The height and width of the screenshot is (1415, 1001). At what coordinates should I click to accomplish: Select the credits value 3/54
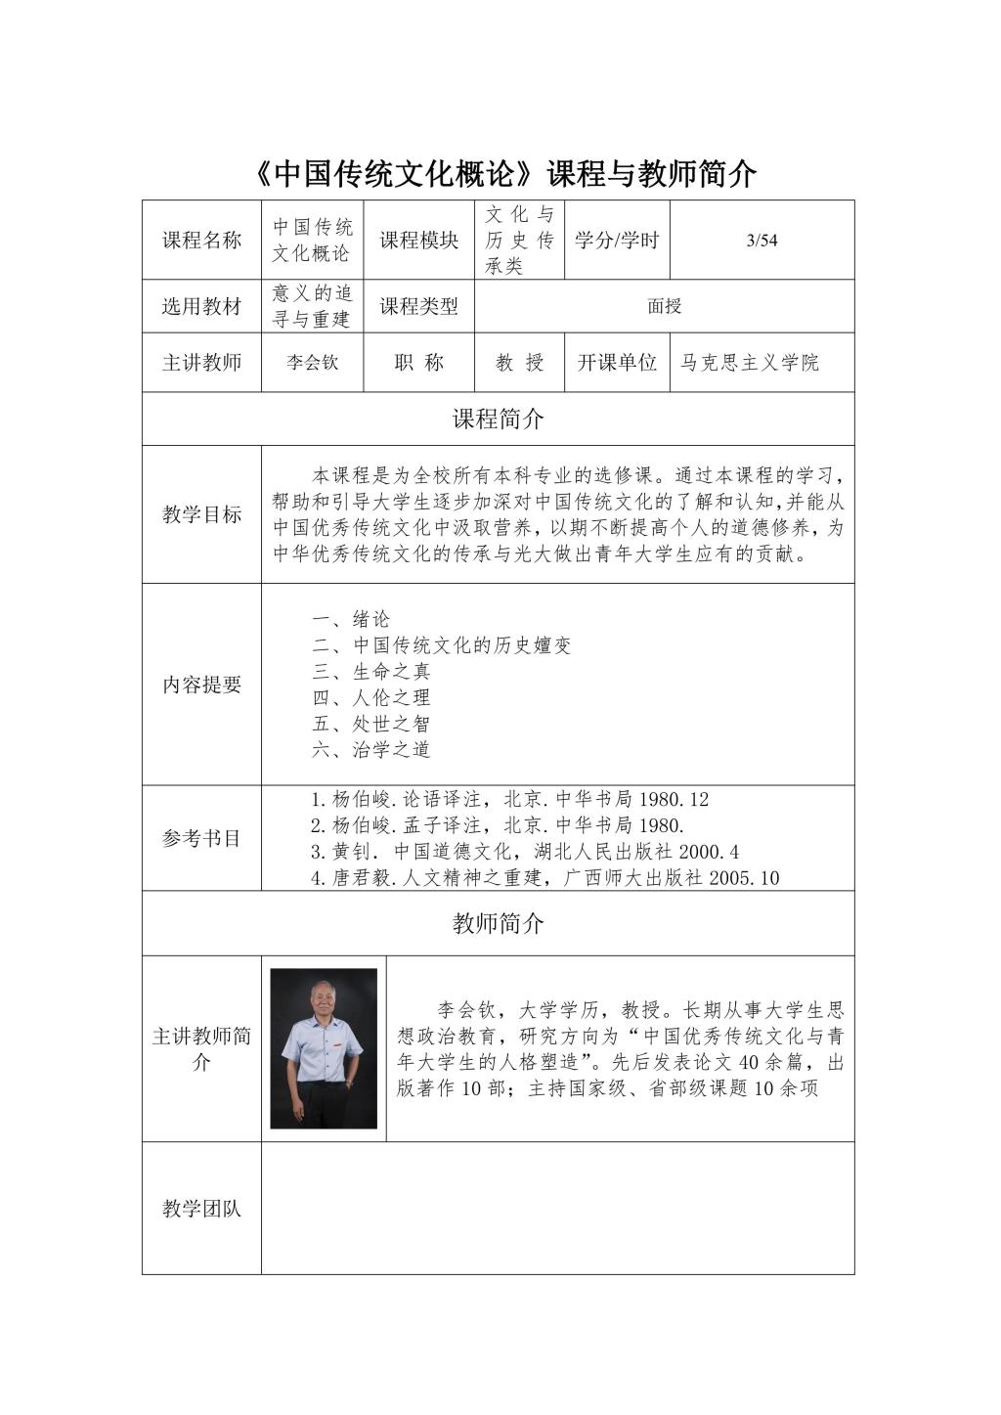(x=762, y=241)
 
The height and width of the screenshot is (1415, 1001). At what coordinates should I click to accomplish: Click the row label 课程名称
(x=201, y=241)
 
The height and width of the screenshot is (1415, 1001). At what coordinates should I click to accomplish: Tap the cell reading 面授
(x=664, y=306)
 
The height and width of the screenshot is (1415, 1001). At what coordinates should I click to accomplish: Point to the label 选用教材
(x=201, y=306)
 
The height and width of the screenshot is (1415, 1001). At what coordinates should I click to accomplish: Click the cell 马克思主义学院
(x=750, y=363)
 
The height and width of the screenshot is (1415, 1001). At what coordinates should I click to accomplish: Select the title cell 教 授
(x=519, y=363)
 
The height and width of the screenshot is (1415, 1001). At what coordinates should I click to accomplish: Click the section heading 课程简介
(x=499, y=420)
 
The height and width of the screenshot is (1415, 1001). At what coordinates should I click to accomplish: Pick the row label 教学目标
(x=201, y=514)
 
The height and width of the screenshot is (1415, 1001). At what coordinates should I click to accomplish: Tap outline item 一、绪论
(x=351, y=619)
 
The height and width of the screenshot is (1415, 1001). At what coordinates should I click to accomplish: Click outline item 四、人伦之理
(x=371, y=697)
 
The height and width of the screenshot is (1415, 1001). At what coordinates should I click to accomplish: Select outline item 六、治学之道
(x=371, y=750)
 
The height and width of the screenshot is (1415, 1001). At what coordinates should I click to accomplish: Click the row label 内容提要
(x=201, y=685)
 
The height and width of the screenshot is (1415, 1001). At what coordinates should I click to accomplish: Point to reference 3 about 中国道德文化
(x=525, y=852)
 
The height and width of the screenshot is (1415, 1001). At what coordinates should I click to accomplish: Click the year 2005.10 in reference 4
(x=744, y=878)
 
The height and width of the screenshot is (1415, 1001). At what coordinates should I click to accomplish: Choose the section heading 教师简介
(x=499, y=923)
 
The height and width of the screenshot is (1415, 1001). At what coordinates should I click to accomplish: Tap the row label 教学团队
(x=201, y=1209)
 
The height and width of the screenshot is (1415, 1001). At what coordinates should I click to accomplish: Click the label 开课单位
(x=617, y=363)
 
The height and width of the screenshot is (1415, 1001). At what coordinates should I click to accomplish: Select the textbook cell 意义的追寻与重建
(x=312, y=306)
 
